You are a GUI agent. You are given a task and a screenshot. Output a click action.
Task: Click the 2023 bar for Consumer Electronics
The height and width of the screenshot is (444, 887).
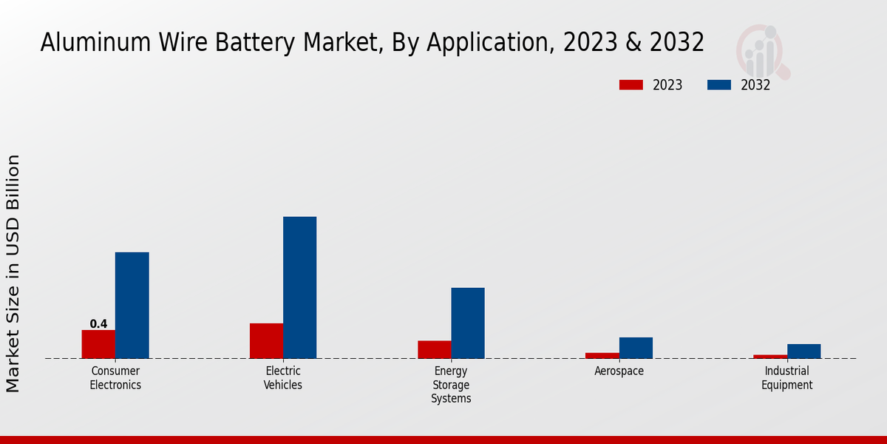[98, 344]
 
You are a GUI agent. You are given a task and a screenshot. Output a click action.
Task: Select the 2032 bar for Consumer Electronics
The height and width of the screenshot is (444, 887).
[132, 305]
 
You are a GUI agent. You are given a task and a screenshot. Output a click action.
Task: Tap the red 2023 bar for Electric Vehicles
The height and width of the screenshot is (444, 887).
[266, 340]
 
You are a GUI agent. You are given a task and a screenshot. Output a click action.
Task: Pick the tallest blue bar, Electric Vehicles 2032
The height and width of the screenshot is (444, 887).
[299, 287]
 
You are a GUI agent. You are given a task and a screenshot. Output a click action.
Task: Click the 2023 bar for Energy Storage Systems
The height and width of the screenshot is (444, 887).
[434, 349]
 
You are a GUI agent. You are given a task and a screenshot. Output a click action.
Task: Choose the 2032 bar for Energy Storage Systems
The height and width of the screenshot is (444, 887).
[468, 323]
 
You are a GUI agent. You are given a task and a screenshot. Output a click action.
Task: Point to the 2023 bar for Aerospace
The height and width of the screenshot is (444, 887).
[602, 356]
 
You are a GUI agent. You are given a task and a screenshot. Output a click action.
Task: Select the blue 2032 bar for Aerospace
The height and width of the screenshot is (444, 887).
[636, 348]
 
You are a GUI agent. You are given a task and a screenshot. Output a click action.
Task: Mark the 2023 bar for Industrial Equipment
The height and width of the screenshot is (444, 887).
[770, 357]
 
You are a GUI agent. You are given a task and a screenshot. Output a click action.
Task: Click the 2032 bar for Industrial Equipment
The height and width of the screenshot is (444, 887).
[803, 351]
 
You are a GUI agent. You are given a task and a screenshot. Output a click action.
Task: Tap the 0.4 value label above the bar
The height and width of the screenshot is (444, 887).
[98, 324]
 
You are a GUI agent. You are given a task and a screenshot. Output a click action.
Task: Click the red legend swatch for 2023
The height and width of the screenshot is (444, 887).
[631, 85]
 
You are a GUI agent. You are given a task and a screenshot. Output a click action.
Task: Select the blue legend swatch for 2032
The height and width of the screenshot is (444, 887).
[718, 85]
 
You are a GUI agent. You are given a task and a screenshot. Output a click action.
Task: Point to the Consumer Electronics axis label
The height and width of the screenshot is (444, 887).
[115, 378]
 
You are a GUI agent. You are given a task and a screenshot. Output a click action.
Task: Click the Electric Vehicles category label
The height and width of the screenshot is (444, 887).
[283, 378]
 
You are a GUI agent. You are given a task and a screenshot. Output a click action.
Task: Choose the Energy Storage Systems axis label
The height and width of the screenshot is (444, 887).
[451, 385]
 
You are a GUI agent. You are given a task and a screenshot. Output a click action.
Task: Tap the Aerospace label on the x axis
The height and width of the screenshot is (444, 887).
[619, 371]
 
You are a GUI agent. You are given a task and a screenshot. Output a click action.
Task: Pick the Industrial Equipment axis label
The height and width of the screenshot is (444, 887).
[786, 378]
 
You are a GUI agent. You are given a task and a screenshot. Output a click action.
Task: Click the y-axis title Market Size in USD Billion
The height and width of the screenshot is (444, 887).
[13, 274]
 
